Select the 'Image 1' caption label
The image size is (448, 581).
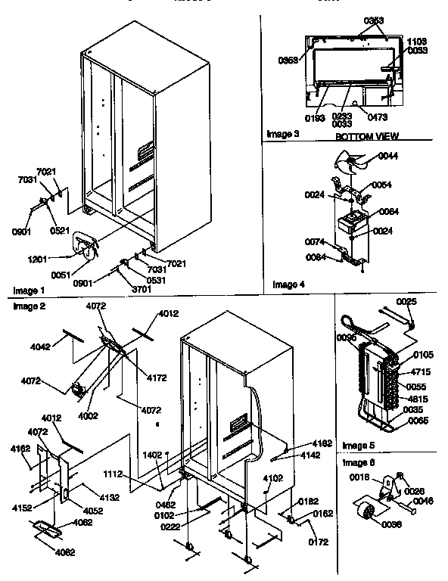[x=30, y=290]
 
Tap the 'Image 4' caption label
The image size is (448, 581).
[x=289, y=284]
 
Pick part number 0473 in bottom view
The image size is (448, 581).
[x=378, y=117]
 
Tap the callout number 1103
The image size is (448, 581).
[x=417, y=42]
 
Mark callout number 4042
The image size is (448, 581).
[x=41, y=347]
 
